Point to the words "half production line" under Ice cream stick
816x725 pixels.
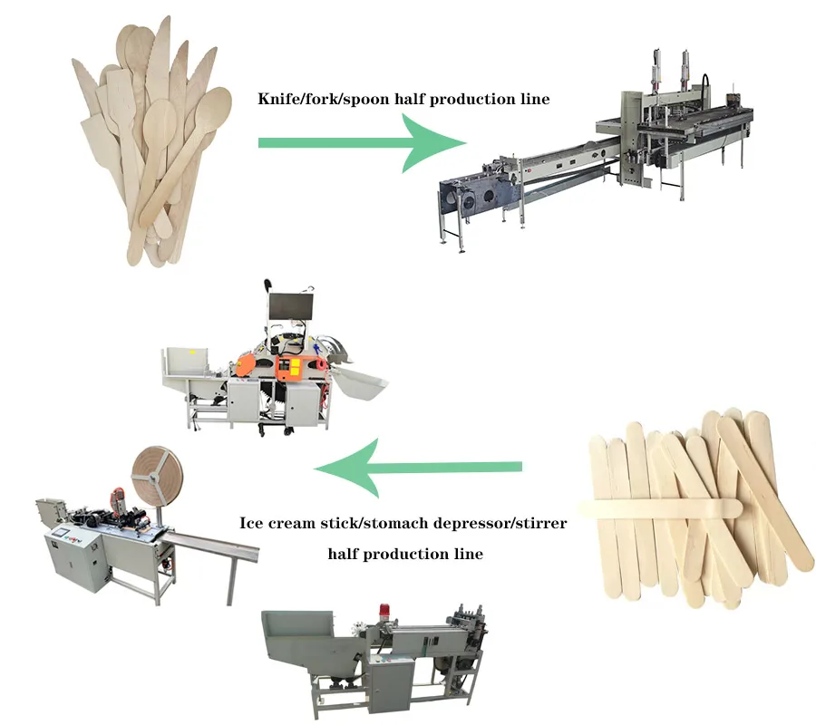[x=404, y=553]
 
